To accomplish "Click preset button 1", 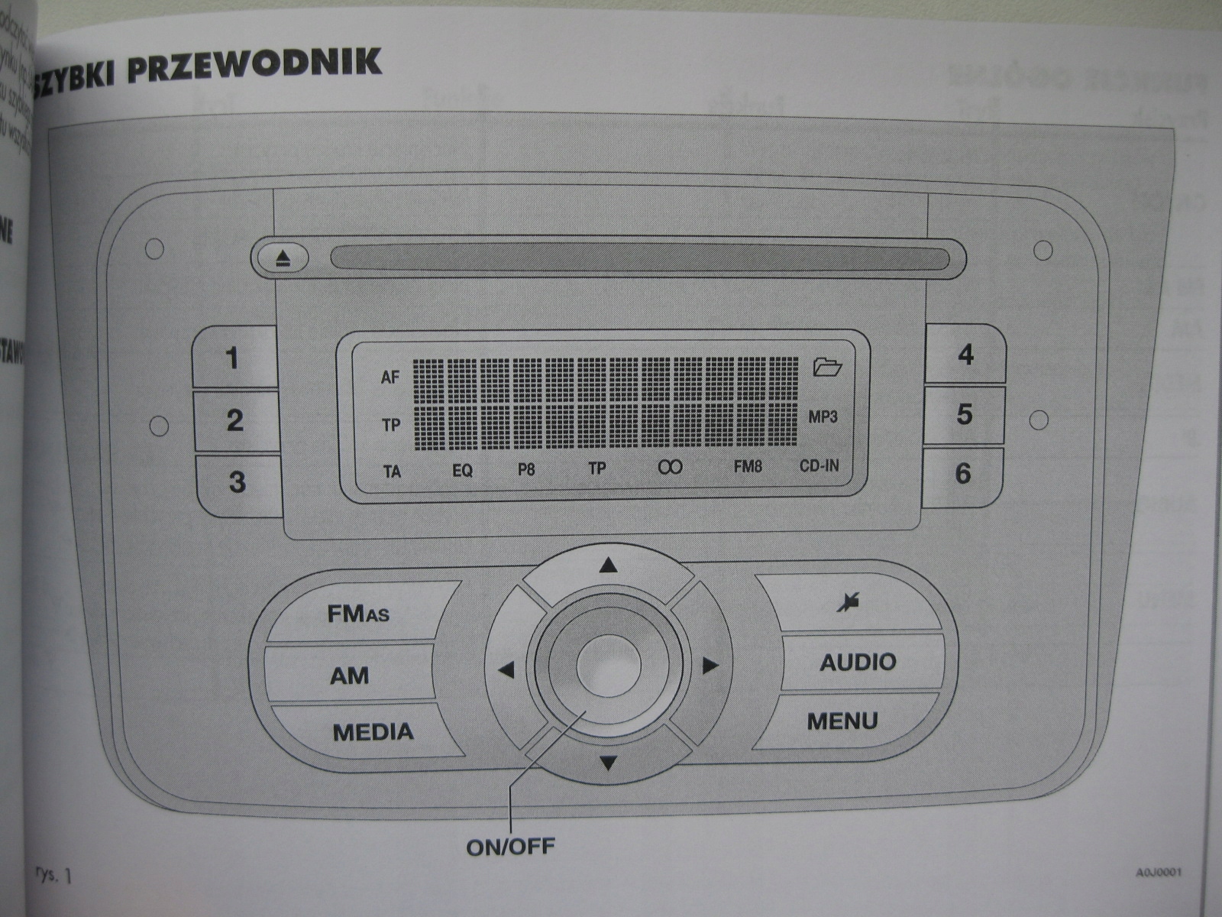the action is click(x=233, y=358).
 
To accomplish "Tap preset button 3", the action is click(x=238, y=482).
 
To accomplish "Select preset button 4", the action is click(x=965, y=355).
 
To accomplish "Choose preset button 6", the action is click(x=963, y=474).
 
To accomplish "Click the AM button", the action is click(x=349, y=676).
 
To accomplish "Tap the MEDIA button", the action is click(x=373, y=732).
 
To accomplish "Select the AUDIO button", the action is click(x=858, y=662).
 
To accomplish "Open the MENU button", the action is click(x=842, y=721).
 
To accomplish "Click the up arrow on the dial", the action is click(x=608, y=566).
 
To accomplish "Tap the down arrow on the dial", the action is click(x=608, y=762).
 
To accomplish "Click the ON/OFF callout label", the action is click(x=510, y=847).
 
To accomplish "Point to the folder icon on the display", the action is click(x=827, y=368).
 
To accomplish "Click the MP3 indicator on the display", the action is click(x=823, y=417).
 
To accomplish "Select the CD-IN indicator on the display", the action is click(x=819, y=465).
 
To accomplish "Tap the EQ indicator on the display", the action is click(x=462, y=471).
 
